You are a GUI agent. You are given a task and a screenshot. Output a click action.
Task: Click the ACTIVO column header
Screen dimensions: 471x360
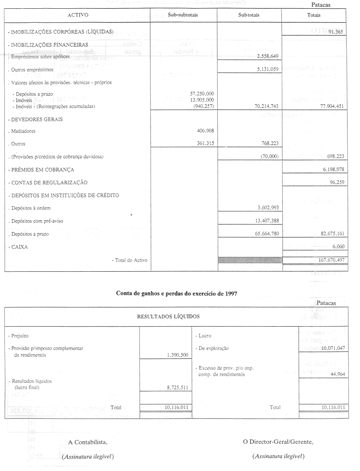point(78,16)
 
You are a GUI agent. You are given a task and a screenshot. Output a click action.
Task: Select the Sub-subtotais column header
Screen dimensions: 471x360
point(183,16)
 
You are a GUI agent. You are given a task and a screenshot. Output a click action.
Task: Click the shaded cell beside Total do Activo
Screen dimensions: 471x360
point(249,261)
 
